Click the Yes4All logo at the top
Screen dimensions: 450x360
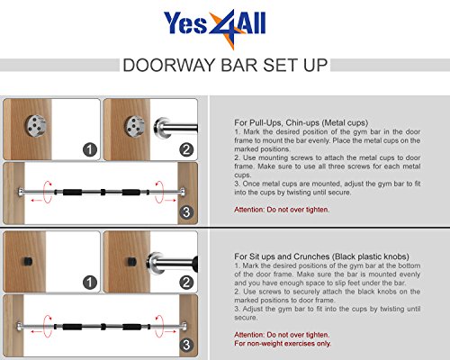[214, 28]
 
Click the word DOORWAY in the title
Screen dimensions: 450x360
[169, 65]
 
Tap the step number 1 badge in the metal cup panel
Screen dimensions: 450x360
[90, 149]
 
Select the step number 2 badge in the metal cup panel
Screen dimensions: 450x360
[186, 149]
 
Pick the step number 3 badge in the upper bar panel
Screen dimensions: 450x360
[186, 212]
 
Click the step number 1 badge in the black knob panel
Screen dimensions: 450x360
[90, 283]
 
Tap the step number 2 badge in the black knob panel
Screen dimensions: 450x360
[186, 283]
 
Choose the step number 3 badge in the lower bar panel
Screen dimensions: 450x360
[186, 345]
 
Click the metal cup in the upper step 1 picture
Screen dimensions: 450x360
[36, 126]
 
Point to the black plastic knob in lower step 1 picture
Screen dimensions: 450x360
[27, 262]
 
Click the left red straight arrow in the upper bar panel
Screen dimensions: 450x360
[37, 200]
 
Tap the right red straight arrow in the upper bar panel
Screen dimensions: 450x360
[170, 200]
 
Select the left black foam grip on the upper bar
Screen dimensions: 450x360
[72, 192]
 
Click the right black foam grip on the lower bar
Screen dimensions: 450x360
[131, 327]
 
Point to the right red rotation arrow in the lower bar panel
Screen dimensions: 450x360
[159, 326]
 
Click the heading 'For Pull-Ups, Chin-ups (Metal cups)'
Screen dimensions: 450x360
[301, 122]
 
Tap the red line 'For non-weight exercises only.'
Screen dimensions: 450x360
[283, 343]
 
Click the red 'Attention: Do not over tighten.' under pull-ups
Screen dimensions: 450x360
[282, 210]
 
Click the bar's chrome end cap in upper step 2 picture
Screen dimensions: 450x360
[161, 128]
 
